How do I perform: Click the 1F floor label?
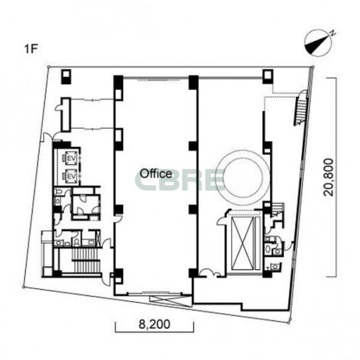click(30, 49)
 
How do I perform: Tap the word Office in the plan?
click(156, 174)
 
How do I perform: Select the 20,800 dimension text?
click(328, 177)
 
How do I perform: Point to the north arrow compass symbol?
click(318, 43)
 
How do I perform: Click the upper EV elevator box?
click(71, 157)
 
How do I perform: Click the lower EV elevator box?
click(71, 176)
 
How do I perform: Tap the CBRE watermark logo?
click(179, 180)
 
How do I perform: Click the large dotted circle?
click(244, 151)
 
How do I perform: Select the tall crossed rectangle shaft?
click(243, 244)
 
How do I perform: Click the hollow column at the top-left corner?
click(66, 77)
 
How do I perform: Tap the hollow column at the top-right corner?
click(268, 76)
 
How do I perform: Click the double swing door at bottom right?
click(210, 273)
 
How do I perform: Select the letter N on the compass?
click(333, 33)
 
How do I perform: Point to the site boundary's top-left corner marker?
click(48, 67)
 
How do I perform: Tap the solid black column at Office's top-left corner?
click(118, 82)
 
